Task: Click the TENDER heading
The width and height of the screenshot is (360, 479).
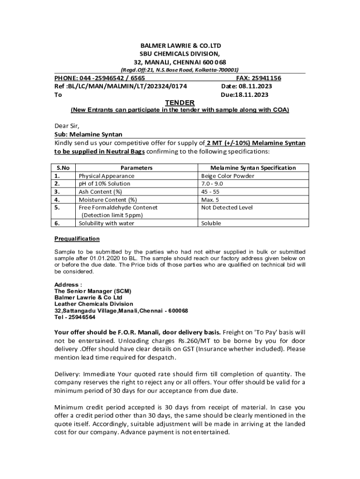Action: (x=180, y=102)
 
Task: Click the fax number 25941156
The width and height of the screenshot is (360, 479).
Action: (x=265, y=78)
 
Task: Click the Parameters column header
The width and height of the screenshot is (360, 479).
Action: (x=137, y=167)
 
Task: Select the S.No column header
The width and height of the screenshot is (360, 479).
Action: (x=63, y=167)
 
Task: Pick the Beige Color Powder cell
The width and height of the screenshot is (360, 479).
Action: (x=228, y=176)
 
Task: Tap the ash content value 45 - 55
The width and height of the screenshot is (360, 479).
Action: (x=210, y=192)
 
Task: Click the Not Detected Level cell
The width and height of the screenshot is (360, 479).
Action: (x=227, y=207)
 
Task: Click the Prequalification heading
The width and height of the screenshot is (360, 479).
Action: (x=77, y=239)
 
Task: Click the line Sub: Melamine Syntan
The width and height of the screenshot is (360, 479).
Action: (x=88, y=134)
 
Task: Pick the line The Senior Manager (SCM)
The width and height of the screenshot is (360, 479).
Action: (x=93, y=291)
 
